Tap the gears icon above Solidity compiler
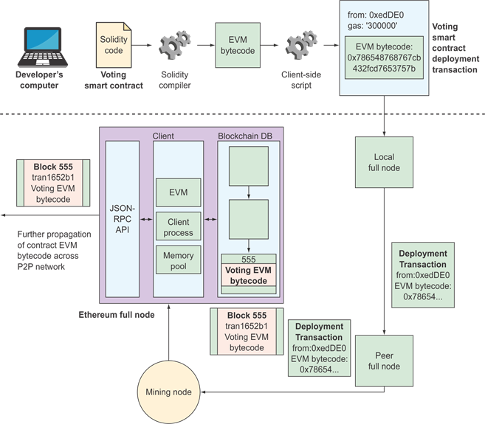click(x=175, y=46)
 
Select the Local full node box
click(x=383, y=163)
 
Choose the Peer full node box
click(x=383, y=360)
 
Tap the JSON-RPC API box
click(x=121, y=219)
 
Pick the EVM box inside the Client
click(x=178, y=192)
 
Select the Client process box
click(x=178, y=227)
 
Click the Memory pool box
click(x=178, y=262)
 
